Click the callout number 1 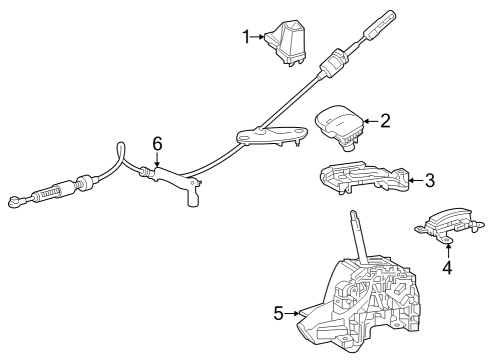(245, 37)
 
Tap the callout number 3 (429, 180)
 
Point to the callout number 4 (447, 267)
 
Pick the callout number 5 (279, 313)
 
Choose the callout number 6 (157, 145)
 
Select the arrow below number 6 (157, 163)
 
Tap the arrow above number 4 (447, 248)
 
